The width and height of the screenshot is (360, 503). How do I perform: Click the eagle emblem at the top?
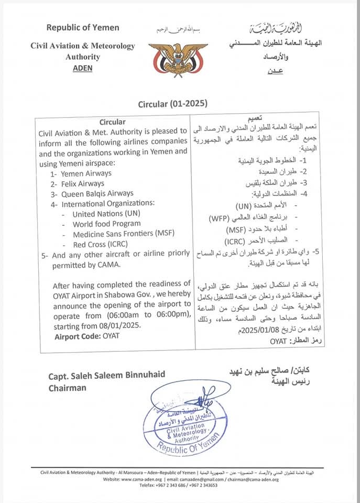pos(178,58)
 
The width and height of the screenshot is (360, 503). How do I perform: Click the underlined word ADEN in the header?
pos(83,68)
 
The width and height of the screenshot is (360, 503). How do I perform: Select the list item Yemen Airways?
pos(85,173)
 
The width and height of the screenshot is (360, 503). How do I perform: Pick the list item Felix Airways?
pos(82,183)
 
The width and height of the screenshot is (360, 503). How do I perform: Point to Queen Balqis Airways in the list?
pos(97,193)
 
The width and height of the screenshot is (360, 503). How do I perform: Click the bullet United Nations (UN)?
pos(106,214)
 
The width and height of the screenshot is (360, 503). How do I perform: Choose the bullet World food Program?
pos(107,224)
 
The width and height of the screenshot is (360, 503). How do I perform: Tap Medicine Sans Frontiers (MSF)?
pos(124,234)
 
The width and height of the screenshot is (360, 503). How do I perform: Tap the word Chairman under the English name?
pos(68,388)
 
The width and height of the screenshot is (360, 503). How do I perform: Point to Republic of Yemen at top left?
pos(83,27)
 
